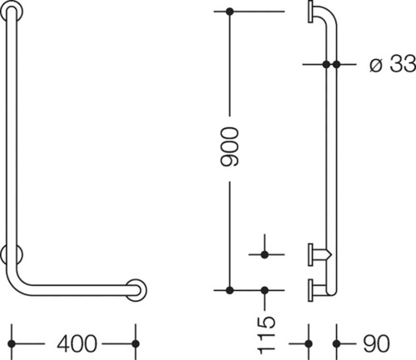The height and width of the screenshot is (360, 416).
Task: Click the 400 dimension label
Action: click(x=77, y=344)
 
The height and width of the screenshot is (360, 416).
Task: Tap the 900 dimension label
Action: click(x=230, y=147)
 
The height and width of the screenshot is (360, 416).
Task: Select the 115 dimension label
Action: click(x=266, y=336)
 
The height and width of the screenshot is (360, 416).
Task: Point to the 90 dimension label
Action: click(x=376, y=344)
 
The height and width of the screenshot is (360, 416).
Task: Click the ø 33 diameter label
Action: click(x=393, y=64)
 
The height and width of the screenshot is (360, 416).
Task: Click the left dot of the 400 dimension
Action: click(x=12, y=344)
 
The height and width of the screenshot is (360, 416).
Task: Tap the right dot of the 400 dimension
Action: click(x=136, y=344)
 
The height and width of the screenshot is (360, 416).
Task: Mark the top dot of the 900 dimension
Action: click(x=230, y=12)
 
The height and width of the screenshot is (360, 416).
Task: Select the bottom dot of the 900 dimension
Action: click(x=230, y=290)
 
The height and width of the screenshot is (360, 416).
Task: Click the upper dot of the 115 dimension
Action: click(x=265, y=254)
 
